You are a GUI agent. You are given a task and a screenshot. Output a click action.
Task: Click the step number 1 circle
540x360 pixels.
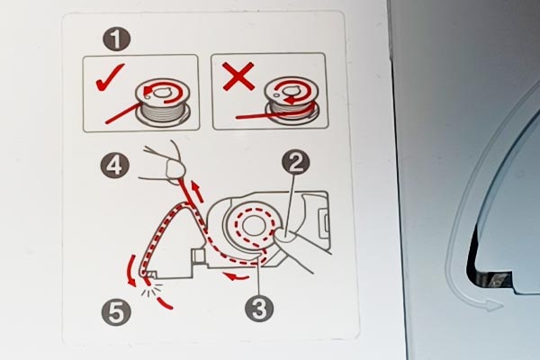tap(116, 40)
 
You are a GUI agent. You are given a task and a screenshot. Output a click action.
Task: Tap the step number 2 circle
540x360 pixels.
tap(295, 162)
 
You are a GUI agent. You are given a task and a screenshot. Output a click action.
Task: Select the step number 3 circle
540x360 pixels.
tap(259, 309)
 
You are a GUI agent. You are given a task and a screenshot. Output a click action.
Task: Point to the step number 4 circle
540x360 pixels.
tap(115, 166)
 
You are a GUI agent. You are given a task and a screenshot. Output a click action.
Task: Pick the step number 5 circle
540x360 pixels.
tap(116, 313)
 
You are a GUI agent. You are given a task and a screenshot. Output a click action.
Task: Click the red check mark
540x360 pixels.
tap(110, 78)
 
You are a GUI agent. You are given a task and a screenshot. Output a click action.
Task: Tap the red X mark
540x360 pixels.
tap(239, 76)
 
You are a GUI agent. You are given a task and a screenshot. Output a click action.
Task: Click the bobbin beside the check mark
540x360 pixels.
tap(163, 102)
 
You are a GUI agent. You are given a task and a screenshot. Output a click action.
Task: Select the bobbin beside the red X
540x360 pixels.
tap(292, 100)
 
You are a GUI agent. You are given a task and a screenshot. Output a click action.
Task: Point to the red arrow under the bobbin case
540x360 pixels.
tap(235, 275)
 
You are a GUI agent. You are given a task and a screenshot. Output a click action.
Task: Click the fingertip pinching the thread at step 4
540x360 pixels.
tap(175, 169)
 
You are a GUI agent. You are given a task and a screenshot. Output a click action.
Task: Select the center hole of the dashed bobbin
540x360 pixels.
tap(254, 226)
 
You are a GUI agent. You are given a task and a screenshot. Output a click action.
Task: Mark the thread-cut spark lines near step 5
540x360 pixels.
tap(151, 290)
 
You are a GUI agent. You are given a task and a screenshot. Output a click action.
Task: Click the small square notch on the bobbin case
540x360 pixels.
tap(198, 256)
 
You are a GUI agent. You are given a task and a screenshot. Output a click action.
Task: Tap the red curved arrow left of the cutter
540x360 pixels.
tap(130, 270)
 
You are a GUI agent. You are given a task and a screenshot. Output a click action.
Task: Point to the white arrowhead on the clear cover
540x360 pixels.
tap(493, 305)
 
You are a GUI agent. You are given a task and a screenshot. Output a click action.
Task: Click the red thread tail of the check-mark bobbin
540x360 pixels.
tap(122, 113)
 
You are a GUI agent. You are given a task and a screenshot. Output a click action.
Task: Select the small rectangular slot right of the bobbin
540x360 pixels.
tap(325, 225)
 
